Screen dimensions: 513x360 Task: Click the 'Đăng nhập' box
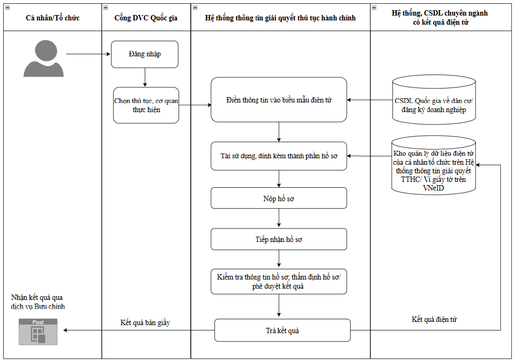coord(145,54)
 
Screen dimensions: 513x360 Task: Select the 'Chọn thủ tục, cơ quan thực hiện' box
coord(146,105)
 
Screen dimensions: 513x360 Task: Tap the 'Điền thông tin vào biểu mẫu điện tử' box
coord(279,100)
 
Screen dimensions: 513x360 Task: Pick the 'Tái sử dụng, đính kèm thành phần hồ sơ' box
coord(279,156)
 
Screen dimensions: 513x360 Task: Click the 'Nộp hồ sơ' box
coord(279,198)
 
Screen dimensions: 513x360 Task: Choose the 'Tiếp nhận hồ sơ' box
coord(279,239)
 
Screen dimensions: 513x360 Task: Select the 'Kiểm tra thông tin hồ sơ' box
coord(279,282)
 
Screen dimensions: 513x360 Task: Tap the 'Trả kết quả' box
coord(282,330)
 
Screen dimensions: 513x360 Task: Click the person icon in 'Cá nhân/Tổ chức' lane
coord(44,58)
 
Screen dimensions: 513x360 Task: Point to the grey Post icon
coord(38,332)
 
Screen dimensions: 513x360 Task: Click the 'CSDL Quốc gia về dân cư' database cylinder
coord(434,100)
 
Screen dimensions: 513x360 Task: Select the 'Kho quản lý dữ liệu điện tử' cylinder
coord(434,164)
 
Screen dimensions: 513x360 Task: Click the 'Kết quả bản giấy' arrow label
coord(145,322)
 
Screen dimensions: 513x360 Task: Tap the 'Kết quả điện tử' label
coord(434,319)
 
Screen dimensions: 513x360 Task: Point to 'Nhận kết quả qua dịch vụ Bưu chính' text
coord(38,302)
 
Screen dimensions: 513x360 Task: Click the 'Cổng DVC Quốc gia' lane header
coord(146,18)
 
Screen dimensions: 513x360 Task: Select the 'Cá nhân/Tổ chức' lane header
coord(53,18)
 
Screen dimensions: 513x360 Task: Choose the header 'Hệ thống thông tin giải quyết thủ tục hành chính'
coord(280,18)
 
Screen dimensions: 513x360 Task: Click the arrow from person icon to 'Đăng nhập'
coord(88,54)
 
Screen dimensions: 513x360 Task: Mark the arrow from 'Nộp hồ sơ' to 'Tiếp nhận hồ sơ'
coord(279,218)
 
